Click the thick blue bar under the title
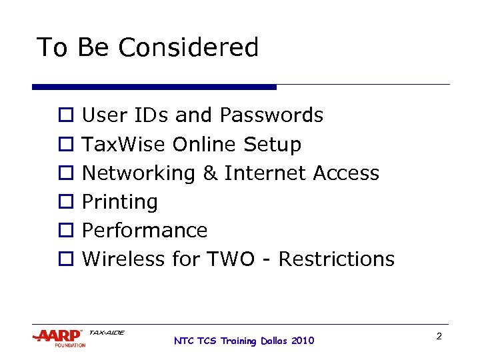154,87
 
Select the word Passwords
271,115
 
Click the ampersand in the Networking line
209,173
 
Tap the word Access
346,173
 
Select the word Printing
119,202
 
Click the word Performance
144,231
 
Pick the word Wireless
124,259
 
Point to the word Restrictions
336,259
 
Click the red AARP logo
59,335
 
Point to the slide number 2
439,337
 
